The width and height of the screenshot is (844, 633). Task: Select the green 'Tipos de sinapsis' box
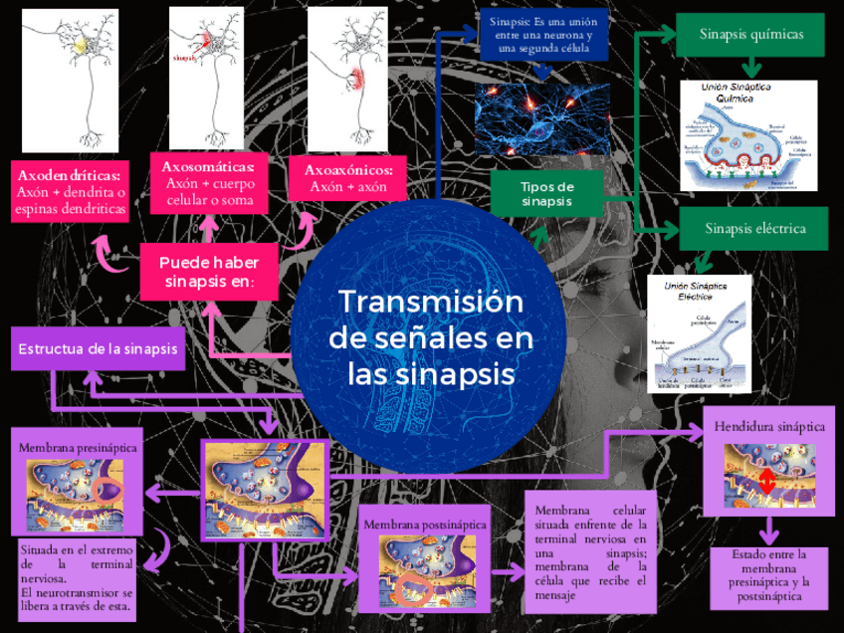point(546,193)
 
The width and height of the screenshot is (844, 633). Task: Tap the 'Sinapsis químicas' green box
point(750,36)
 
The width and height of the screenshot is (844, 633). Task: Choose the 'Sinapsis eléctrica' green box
point(753,229)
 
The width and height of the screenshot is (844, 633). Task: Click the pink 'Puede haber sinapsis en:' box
point(209,272)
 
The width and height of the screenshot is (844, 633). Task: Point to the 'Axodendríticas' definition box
point(71,192)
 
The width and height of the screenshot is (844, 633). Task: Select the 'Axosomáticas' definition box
point(209,183)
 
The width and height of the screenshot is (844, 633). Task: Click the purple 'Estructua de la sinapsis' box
point(98,348)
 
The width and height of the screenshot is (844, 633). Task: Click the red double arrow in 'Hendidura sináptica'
point(766,481)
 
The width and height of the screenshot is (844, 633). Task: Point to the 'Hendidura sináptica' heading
point(769,427)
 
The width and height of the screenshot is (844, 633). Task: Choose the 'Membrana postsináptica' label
point(424,524)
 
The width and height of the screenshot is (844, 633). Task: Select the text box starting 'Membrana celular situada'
point(590,551)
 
